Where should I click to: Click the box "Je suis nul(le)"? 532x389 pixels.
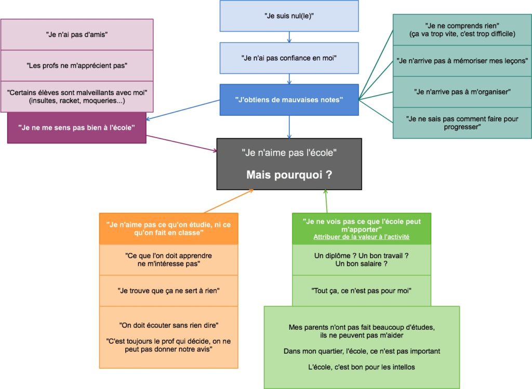[x=289, y=16]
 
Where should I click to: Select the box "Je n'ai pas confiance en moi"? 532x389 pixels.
[x=289, y=58]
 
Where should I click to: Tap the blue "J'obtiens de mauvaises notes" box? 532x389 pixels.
[x=289, y=100]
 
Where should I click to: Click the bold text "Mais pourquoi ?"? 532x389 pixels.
[x=289, y=175]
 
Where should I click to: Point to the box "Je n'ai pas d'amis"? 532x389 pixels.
[x=77, y=35]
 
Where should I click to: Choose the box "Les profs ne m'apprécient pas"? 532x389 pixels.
[x=77, y=66]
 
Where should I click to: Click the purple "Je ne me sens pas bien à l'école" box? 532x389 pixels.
[x=77, y=128]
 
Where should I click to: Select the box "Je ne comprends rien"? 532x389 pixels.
[x=462, y=30]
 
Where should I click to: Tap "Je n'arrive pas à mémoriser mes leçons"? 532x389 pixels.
[x=462, y=61]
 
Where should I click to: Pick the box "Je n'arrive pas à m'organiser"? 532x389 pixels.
[x=462, y=92]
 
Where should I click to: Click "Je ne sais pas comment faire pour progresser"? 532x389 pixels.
[x=462, y=123]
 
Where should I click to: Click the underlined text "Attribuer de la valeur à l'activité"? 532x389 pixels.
[x=362, y=237]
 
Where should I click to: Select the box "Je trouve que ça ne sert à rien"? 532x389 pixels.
[x=169, y=291]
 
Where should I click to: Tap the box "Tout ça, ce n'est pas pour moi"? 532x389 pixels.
[x=362, y=291]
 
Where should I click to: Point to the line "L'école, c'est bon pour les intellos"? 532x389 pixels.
[x=362, y=367]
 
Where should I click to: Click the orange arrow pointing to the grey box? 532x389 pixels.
[x=229, y=201]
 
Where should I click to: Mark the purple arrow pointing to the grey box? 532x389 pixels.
[x=181, y=143]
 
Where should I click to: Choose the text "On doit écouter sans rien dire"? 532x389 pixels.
[x=169, y=325]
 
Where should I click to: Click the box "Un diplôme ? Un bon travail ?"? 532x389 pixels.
[x=362, y=260]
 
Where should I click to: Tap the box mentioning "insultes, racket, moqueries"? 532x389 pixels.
[x=77, y=97]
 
